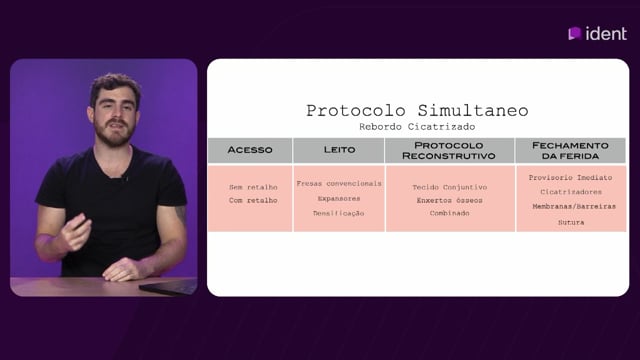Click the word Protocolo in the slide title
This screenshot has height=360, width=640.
[356, 111]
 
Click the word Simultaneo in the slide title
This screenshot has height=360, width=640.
[473, 111]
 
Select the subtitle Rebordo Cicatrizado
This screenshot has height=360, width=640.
[417, 127]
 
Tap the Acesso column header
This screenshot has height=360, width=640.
[250, 150]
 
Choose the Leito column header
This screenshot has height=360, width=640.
[339, 150]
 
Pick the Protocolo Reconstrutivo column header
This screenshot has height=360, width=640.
[449, 151]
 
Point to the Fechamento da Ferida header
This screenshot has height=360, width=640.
[570, 151]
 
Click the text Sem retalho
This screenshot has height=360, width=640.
[253, 187]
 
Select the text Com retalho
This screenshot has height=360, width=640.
[253, 200]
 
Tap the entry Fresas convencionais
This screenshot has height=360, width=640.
[339, 184]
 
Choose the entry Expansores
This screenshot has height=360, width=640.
[339, 199]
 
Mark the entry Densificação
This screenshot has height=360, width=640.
[338, 213]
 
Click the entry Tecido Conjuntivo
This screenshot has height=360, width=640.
[449, 187]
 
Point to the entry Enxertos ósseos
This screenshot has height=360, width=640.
[449, 200]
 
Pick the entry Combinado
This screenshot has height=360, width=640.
[449, 213]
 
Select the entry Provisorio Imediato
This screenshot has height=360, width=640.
[570, 178]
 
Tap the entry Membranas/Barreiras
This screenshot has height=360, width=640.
[573, 207]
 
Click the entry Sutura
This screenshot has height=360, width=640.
[571, 222]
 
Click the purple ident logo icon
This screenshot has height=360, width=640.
[574, 33]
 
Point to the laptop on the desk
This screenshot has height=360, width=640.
[168, 287]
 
